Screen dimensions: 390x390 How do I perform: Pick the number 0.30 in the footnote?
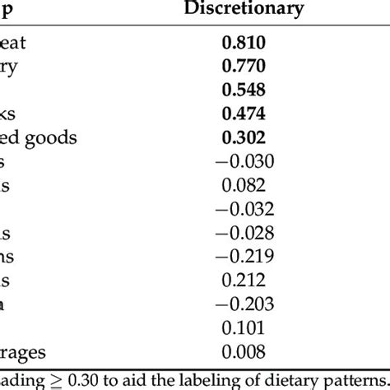click(86, 376)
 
